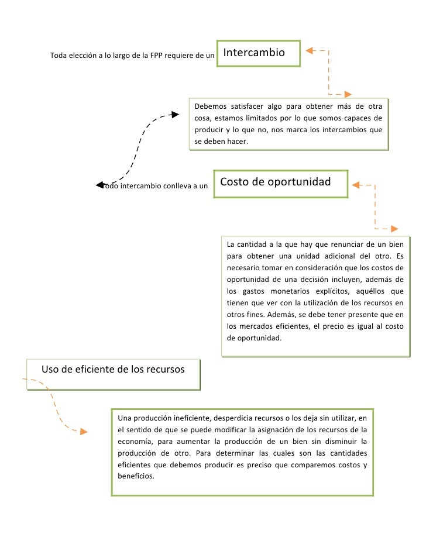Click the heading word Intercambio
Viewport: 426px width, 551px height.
pyautogui.click(x=254, y=53)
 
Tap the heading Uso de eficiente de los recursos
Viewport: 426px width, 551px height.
pyautogui.click(x=113, y=369)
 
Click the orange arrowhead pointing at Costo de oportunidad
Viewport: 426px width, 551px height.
pyautogui.click(x=356, y=185)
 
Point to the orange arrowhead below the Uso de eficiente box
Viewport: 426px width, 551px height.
pyautogui.click(x=84, y=432)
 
